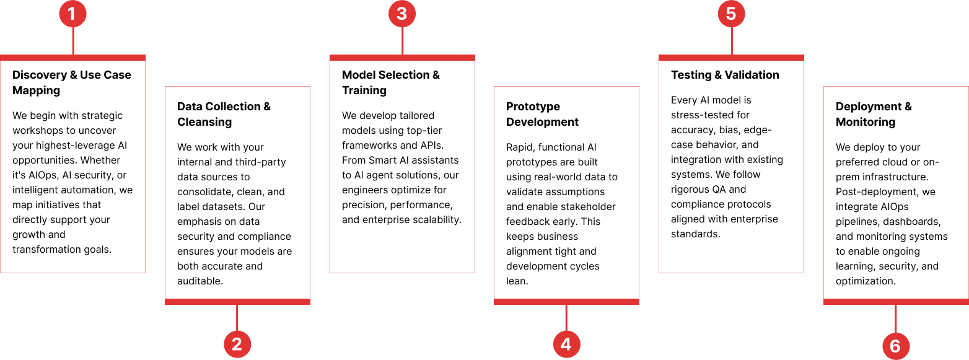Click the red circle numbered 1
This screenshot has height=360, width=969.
click(72, 14)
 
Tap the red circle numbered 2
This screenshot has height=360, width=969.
click(237, 345)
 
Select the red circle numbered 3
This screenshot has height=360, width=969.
click(402, 14)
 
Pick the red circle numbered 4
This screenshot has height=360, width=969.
click(566, 345)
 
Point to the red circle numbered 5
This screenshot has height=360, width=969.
click(731, 14)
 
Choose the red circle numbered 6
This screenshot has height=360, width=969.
click(895, 346)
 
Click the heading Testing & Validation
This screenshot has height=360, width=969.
click(725, 75)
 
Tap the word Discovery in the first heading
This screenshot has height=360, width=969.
click(40, 75)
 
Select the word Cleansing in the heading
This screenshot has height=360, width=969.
click(204, 122)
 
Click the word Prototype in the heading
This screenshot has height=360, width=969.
click(533, 107)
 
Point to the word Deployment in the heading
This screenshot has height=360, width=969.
click(868, 107)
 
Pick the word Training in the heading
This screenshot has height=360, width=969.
click(364, 90)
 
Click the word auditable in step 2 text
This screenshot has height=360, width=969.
click(200, 281)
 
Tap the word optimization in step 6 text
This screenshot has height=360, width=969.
click(866, 281)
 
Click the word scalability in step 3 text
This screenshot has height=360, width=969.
click(437, 220)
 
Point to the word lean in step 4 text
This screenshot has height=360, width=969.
click(517, 281)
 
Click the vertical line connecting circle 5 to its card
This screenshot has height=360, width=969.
click(732, 41)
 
